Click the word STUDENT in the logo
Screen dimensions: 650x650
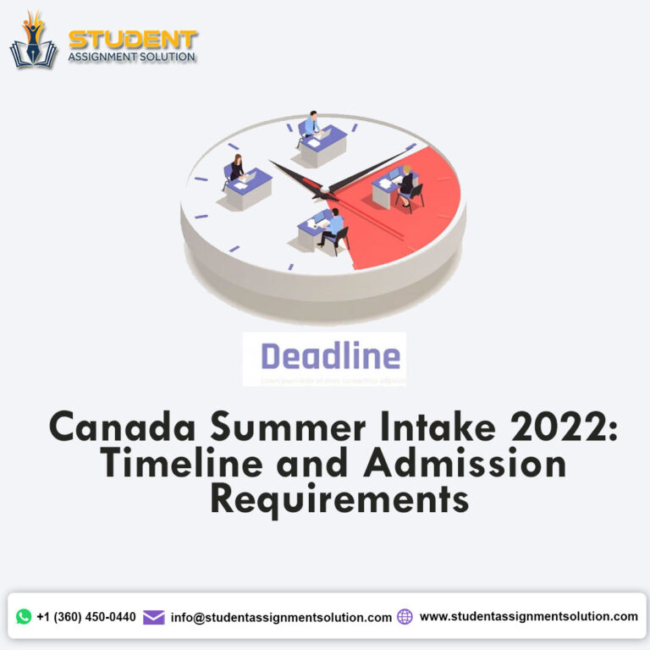click(132, 40)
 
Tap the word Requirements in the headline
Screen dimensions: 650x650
click(339, 499)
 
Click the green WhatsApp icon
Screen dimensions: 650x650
click(24, 617)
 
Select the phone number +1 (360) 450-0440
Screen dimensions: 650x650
click(85, 617)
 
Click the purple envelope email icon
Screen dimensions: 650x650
click(153, 617)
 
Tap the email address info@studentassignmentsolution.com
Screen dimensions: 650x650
click(281, 618)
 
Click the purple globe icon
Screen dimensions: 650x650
click(405, 617)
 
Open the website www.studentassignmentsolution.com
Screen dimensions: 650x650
click(528, 617)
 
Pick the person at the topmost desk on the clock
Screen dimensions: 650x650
click(313, 125)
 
